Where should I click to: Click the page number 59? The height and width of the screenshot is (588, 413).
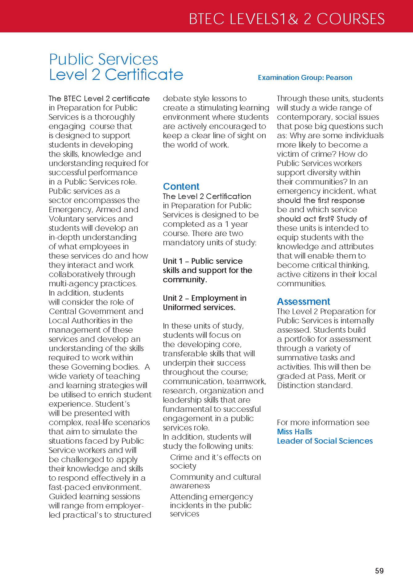coord(379,571)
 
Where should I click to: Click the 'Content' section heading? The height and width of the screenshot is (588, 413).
coord(181,186)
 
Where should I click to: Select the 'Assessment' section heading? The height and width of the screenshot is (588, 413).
coord(303,301)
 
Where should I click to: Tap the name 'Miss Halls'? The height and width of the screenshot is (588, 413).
coord(294,432)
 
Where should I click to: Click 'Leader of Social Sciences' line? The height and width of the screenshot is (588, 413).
coord(324,441)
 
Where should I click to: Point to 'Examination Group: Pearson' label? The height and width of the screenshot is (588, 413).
coord(305,77)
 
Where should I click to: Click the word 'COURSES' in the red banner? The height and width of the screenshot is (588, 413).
coord(350,19)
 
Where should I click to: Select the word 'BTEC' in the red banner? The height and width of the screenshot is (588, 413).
coord(206,19)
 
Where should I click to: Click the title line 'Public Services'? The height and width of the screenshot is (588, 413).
coord(103,59)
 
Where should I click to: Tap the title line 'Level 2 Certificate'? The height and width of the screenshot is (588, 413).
coord(116,75)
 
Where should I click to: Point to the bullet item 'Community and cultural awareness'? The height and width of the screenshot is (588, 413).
coord(215,481)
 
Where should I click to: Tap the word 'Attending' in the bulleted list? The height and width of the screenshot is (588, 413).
coord(188,497)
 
